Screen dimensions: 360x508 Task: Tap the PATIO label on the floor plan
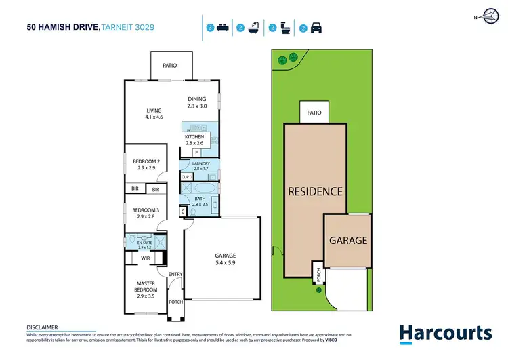tap(170, 66)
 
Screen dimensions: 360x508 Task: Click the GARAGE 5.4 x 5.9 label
tap(221, 259)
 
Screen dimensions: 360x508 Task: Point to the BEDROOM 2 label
tap(145, 164)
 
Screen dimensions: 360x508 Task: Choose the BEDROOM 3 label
tap(145, 213)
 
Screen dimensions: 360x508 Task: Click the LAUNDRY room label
tap(201, 166)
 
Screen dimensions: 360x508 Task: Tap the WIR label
tap(146, 258)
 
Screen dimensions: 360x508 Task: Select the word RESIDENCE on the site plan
tap(316, 191)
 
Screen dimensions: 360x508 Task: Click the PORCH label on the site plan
tap(318, 275)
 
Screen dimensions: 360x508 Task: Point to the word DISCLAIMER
tap(41, 327)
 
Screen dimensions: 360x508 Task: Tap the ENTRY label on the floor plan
tap(175, 274)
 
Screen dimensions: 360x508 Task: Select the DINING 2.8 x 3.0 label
tap(196, 102)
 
